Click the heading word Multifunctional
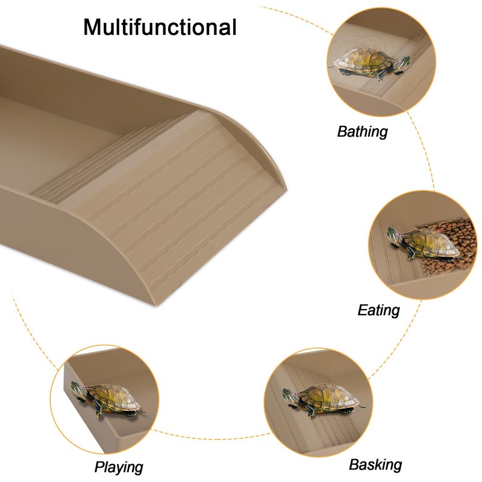[160, 27]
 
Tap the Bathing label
[362, 131]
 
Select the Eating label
[378, 310]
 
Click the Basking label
[375, 465]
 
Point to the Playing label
[119, 466]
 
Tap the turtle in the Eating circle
[422, 243]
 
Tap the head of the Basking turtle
[289, 395]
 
